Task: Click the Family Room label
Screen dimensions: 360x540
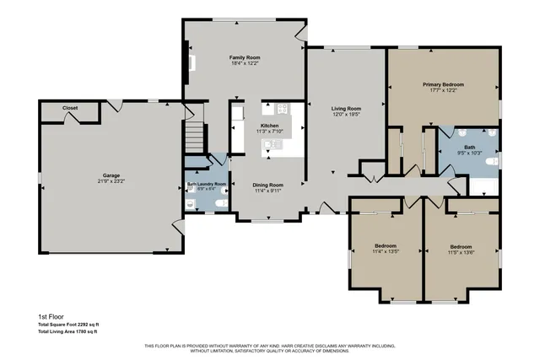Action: tap(246, 57)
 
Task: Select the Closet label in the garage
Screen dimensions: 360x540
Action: tap(71, 108)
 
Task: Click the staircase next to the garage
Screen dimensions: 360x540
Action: tap(196, 135)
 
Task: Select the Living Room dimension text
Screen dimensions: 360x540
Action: tap(346, 114)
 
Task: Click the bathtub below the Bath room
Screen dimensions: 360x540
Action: tap(483, 186)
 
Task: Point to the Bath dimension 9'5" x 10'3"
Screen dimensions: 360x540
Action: tap(468, 153)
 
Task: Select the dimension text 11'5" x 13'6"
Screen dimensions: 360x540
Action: tap(462, 252)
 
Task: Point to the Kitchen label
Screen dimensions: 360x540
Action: tap(268, 125)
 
